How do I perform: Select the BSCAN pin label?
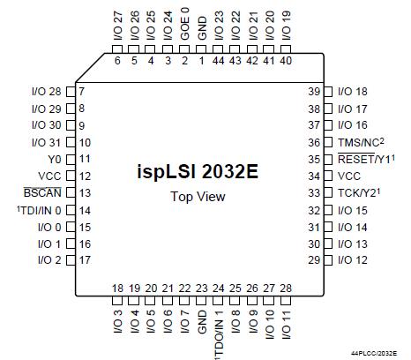point(42,193)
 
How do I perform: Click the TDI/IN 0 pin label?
point(39,210)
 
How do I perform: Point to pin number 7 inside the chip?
point(81,92)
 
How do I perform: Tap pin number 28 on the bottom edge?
point(286,289)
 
